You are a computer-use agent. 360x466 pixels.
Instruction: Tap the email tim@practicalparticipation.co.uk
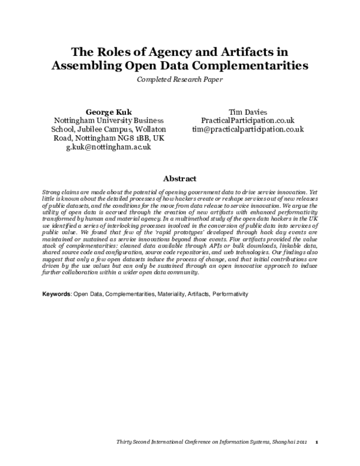point(247,129)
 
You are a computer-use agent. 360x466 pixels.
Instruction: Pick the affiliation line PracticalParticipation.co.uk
point(247,121)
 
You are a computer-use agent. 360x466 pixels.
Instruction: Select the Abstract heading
point(179,178)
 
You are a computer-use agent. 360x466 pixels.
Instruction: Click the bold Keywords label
point(58,295)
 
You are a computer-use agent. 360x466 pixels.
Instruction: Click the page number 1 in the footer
point(316,442)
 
